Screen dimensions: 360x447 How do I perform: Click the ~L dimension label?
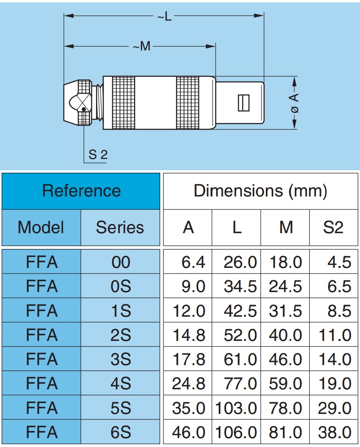[x=165, y=16]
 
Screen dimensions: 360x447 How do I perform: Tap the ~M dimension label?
[x=142, y=46]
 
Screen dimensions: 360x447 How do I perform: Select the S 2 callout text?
[x=98, y=155]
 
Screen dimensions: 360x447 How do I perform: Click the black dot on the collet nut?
[x=84, y=109]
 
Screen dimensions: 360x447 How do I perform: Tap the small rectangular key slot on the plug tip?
[x=244, y=102]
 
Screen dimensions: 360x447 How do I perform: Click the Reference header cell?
[x=81, y=191]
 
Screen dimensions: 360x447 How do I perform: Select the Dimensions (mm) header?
[x=260, y=191]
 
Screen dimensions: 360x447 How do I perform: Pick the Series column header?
[x=120, y=228]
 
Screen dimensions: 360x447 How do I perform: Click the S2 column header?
[x=333, y=228]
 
